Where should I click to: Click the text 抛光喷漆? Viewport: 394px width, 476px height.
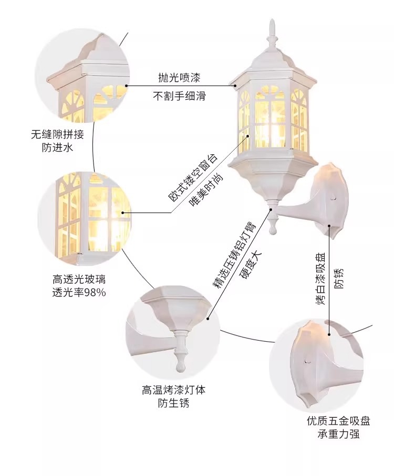tap(179, 78)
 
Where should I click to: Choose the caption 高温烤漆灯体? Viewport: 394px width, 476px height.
tap(173, 390)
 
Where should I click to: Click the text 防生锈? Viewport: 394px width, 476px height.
tap(173, 403)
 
